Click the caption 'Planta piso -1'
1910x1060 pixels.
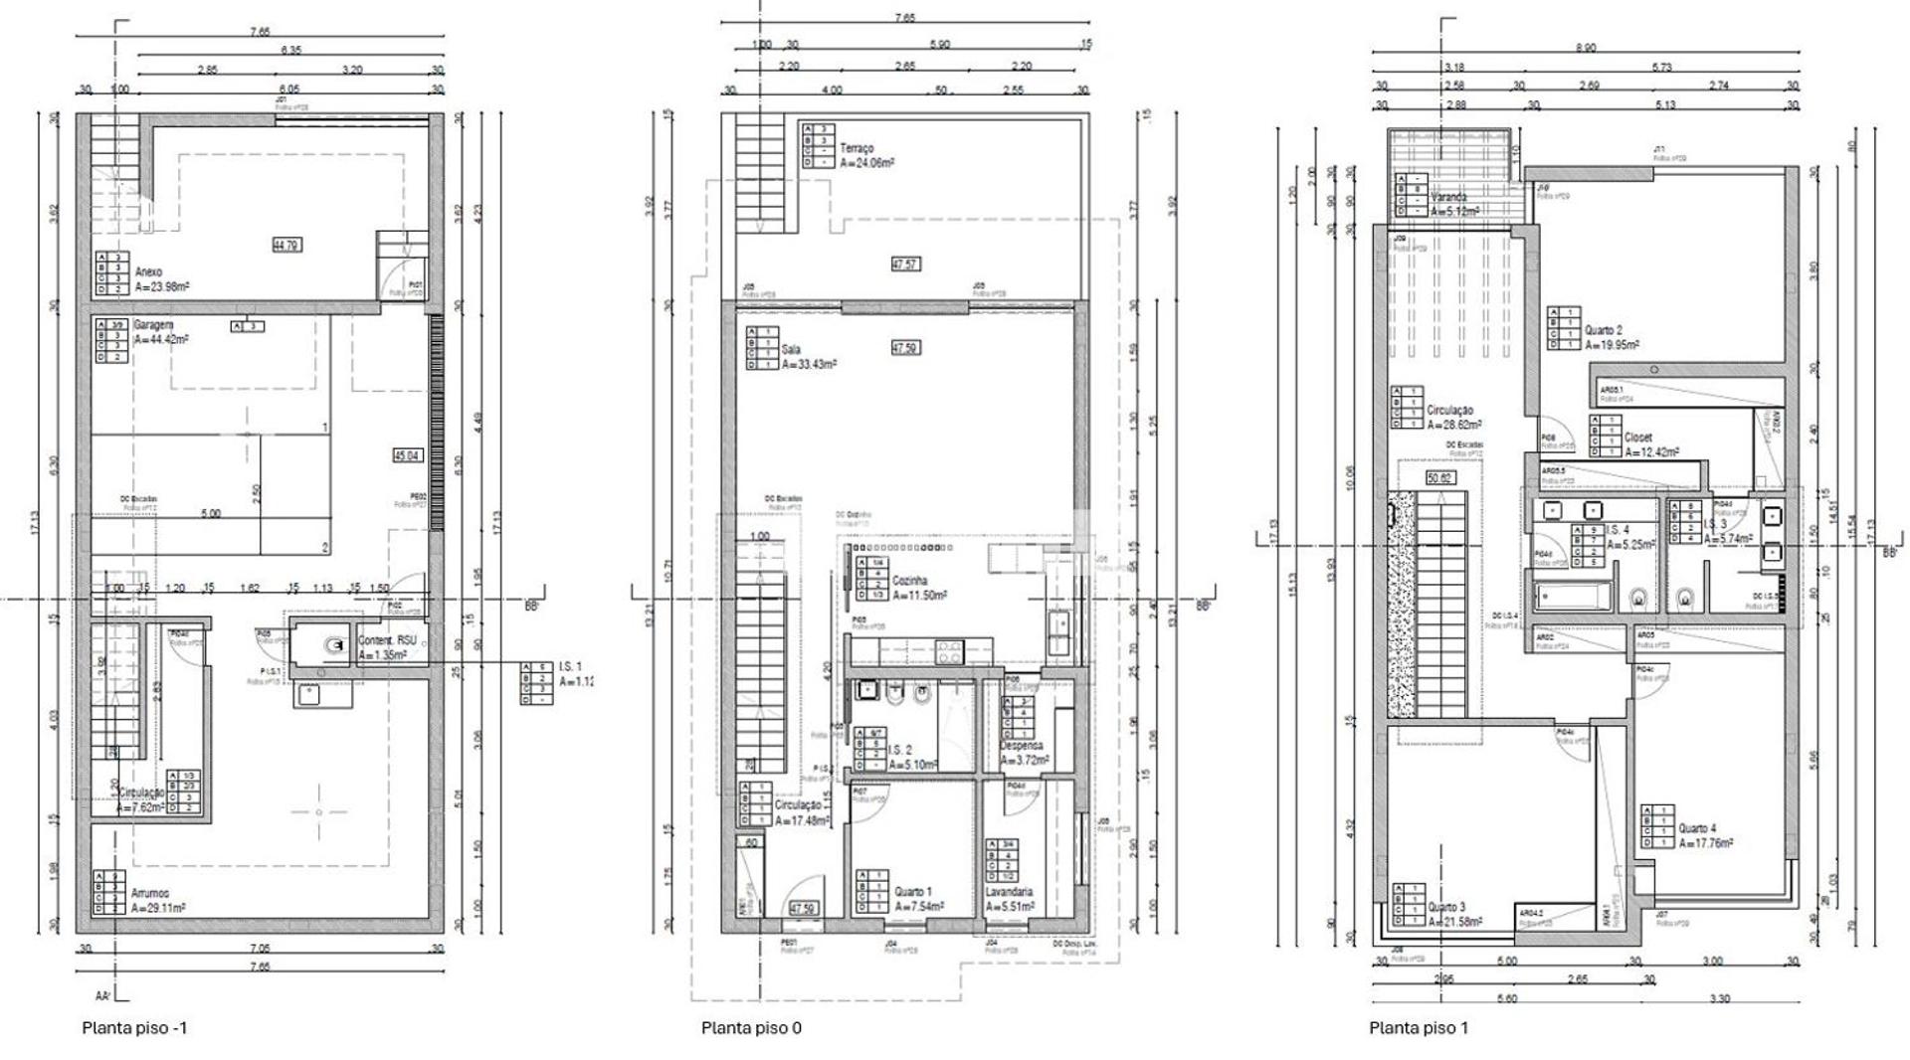[x=134, y=1028]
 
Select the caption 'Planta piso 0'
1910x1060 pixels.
[x=751, y=1028]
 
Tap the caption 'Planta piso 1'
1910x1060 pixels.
[x=1419, y=1028]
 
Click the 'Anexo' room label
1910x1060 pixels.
[x=148, y=272]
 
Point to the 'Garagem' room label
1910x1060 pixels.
[x=154, y=325]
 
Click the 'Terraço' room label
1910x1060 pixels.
[x=857, y=148]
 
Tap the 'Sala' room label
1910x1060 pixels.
[x=791, y=350]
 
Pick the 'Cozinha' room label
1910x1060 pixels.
[x=910, y=581]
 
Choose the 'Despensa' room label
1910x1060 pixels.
[x=1022, y=746]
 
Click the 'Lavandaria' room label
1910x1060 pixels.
[x=1009, y=893]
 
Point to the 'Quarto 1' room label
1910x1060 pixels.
[x=913, y=893]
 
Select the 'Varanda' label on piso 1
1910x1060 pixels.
[x=1448, y=198]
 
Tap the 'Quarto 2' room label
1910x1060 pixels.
[x=1604, y=331]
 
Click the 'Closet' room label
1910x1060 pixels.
[x=1638, y=438]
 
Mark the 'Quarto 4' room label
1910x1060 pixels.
[x=1697, y=828]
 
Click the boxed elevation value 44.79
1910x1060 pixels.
[x=286, y=245]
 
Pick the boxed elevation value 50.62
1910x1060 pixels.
[x=1439, y=478]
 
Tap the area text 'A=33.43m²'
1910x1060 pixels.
[x=809, y=365]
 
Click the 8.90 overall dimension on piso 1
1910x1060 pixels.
[x=1586, y=48]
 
